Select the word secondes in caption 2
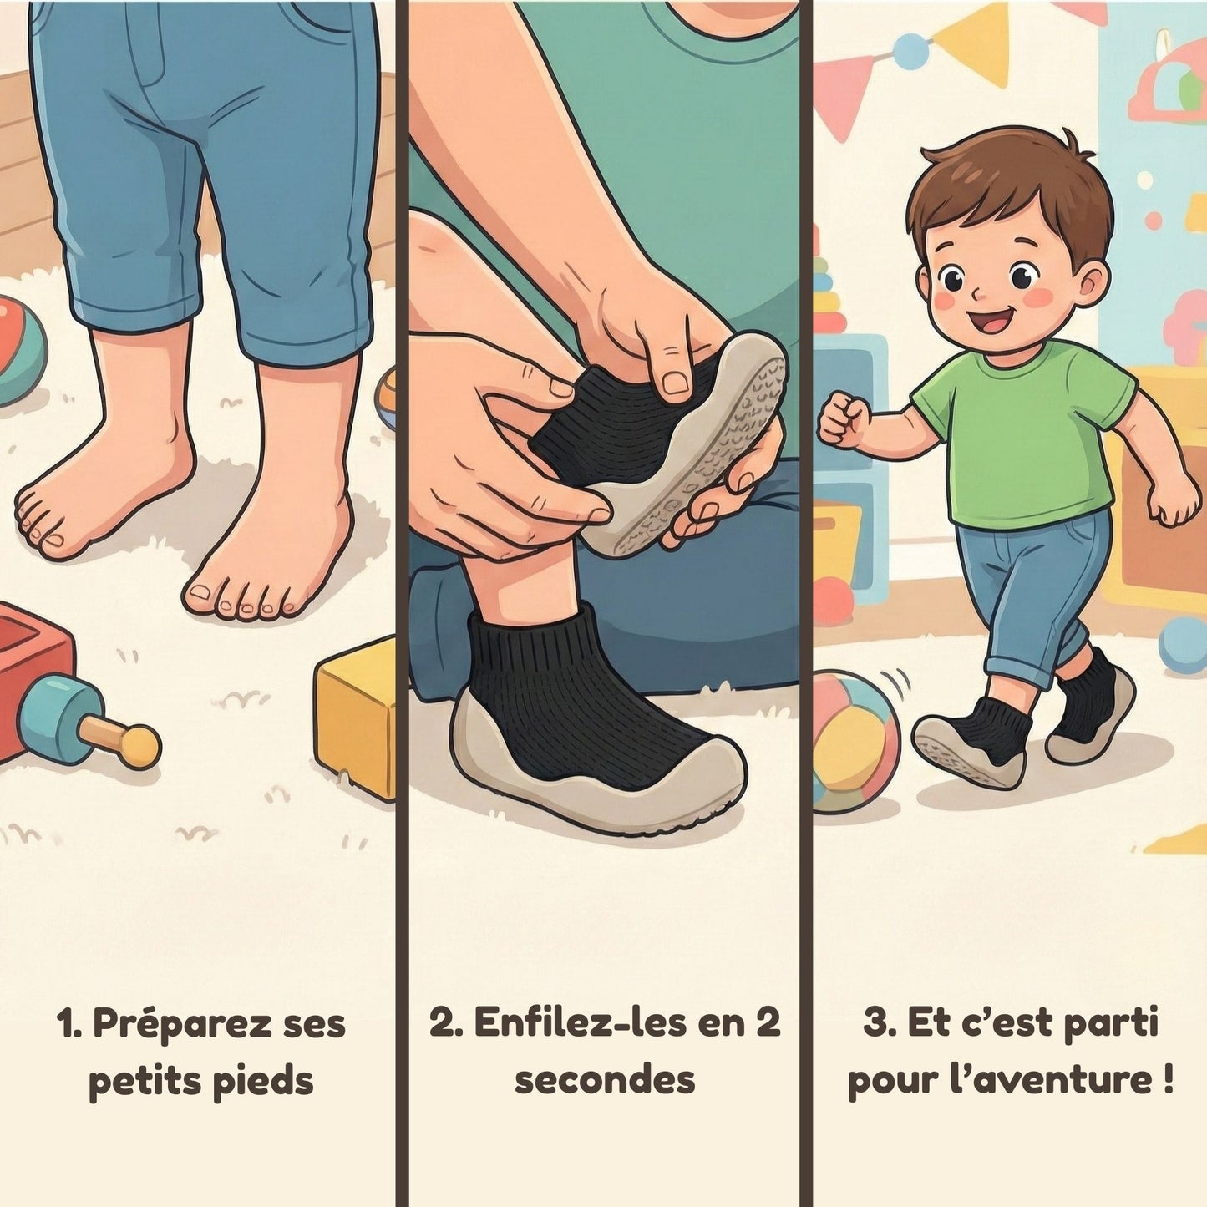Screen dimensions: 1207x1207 pos(605,1080)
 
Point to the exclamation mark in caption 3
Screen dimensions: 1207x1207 pos(1167,1080)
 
